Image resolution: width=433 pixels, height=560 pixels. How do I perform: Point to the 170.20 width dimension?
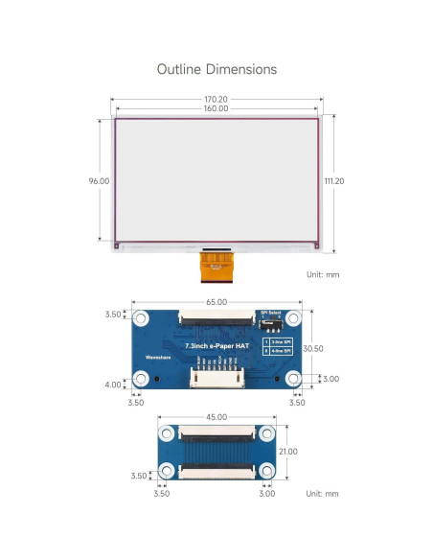[x=216, y=99]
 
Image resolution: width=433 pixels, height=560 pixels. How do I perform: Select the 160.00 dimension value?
[x=216, y=109]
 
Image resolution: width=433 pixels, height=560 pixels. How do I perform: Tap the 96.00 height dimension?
[x=99, y=180]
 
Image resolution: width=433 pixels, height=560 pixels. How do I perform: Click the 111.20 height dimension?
[x=334, y=180]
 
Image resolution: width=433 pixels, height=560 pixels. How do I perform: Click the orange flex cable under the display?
[x=216, y=266]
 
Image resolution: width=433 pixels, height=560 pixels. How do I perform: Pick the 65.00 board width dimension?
[x=216, y=301]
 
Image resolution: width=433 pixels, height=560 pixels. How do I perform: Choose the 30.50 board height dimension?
[x=313, y=349]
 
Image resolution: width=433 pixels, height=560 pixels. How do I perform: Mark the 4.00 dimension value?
[x=113, y=385]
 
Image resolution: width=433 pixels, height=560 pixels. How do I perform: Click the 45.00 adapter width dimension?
[x=216, y=417]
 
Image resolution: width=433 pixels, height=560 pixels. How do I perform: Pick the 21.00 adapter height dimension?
[x=288, y=452]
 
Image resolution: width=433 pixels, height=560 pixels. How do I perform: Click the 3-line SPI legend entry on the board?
[x=279, y=341]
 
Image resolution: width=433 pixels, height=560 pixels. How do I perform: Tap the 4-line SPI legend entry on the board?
[x=279, y=351]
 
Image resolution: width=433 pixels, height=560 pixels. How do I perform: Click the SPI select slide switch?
[x=273, y=323]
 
